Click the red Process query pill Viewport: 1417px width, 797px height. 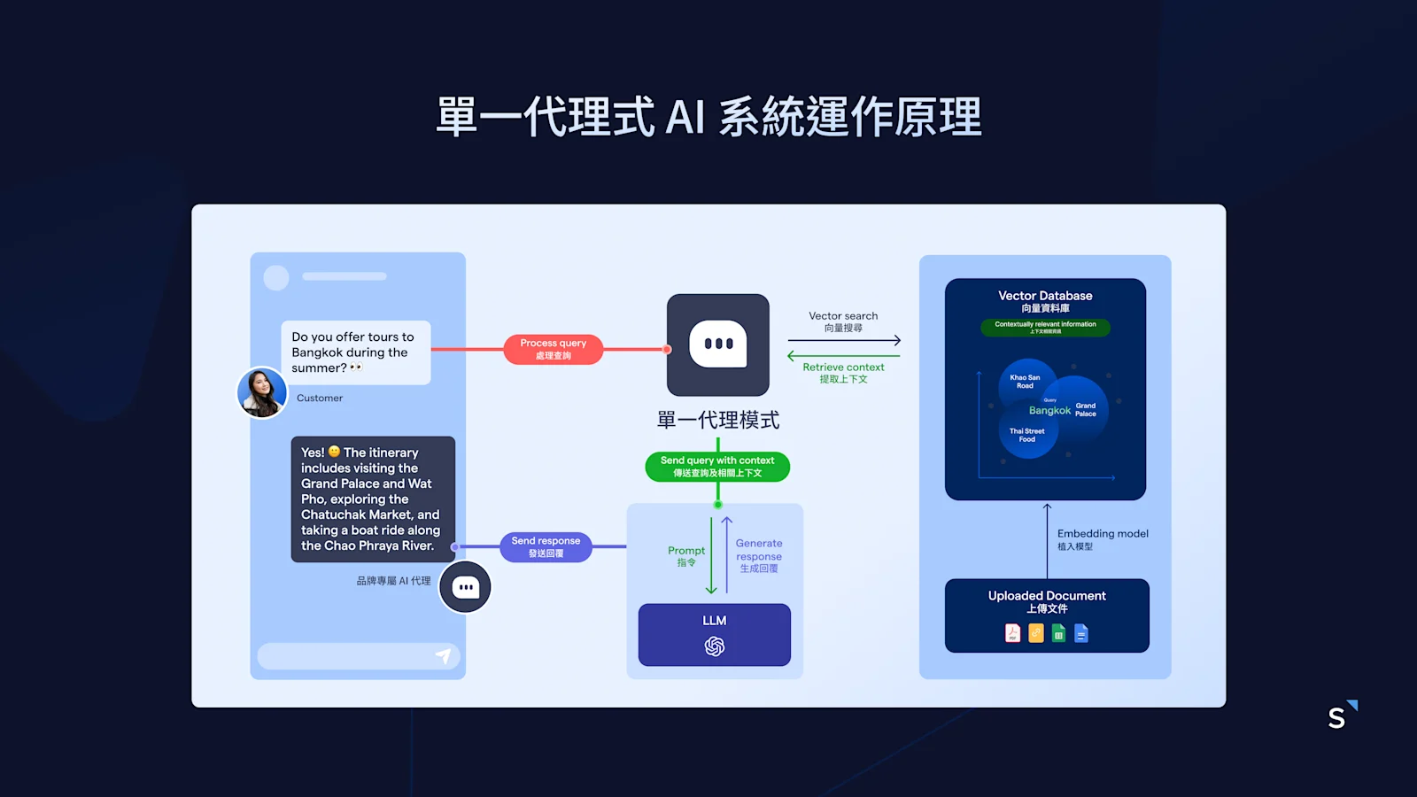[x=554, y=349]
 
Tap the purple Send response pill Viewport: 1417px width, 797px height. [x=546, y=546]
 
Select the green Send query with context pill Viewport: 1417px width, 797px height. [x=717, y=467]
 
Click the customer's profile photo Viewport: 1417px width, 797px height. [x=262, y=392]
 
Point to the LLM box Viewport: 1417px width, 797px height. [x=715, y=634]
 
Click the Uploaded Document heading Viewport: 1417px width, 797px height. [x=1047, y=596]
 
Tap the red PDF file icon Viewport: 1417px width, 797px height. [x=1012, y=633]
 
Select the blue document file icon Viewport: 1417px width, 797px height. [x=1081, y=633]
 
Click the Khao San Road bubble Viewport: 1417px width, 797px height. [x=1026, y=382]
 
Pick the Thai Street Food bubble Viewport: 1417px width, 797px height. [x=1027, y=435]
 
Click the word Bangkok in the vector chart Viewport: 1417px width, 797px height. [x=1049, y=411]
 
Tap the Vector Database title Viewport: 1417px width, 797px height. [x=1045, y=296]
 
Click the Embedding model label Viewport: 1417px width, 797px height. [x=1103, y=534]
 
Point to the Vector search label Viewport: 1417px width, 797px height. [x=843, y=316]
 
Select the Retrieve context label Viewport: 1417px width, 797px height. [x=843, y=368]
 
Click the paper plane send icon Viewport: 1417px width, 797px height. [x=444, y=656]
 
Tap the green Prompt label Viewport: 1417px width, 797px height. [x=686, y=551]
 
